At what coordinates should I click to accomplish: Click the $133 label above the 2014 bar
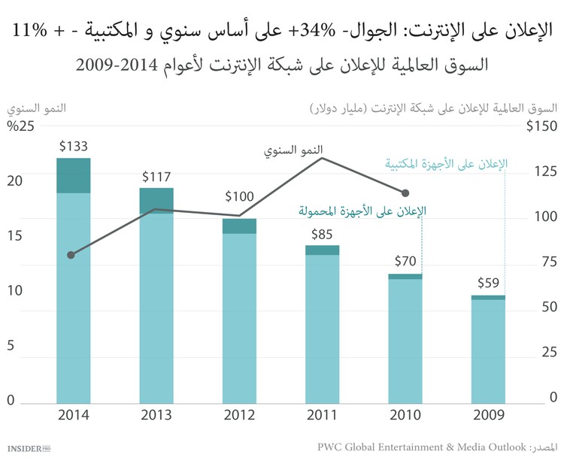tap(73, 146)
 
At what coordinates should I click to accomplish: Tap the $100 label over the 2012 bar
tap(239, 197)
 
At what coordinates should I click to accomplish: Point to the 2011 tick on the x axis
tap(322, 415)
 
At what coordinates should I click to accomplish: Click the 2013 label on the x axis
tap(156, 415)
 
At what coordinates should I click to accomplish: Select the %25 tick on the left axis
tap(22, 126)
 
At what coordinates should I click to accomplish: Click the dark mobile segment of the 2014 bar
tap(73, 175)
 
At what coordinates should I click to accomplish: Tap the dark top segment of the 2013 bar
tap(156, 200)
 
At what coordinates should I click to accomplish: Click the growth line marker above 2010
tap(405, 193)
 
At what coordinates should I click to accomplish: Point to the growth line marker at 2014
tap(71, 255)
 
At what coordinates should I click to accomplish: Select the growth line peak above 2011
tap(322, 158)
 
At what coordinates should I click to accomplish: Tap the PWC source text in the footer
tap(421, 447)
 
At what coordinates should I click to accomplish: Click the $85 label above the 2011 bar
tap(322, 234)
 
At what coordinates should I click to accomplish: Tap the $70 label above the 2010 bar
tap(405, 262)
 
